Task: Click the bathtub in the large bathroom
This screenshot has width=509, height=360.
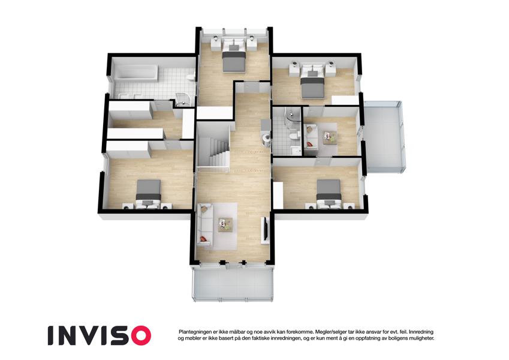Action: (x=135, y=73)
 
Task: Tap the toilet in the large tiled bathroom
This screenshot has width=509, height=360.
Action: (x=191, y=77)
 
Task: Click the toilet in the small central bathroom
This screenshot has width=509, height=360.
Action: (x=294, y=136)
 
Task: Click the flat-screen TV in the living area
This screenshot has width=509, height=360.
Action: (x=266, y=229)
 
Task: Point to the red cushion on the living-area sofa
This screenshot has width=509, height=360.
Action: (x=202, y=239)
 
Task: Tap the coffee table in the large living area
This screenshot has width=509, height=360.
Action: (x=225, y=224)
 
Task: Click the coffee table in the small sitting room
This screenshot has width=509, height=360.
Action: (x=330, y=136)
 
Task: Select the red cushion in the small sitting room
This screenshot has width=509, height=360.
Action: (x=310, y=143)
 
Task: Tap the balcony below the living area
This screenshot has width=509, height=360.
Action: (x=233, y=283)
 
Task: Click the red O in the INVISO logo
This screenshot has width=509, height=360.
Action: (x=138, y=335)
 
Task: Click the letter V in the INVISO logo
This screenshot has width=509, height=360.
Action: (x=90, y=335)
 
